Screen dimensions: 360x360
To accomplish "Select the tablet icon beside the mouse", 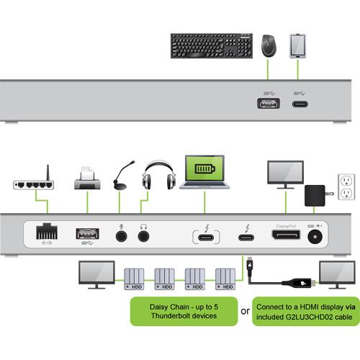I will [x=299, y=45].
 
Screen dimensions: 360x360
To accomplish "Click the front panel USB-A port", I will [x=268, y=104].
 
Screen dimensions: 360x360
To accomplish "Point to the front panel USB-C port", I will [x=300, y=104].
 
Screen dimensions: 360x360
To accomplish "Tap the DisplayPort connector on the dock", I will [x=287, y=235].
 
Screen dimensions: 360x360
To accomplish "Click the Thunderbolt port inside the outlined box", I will [x=207, y=235].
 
